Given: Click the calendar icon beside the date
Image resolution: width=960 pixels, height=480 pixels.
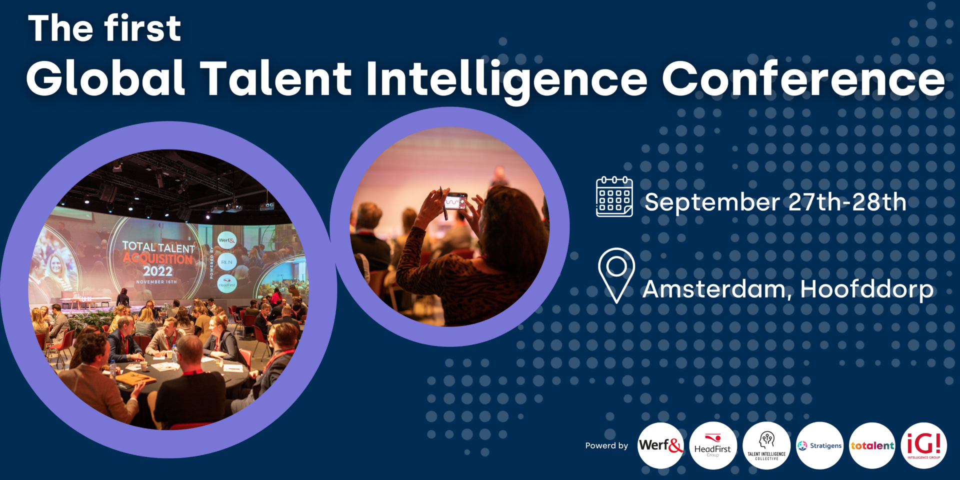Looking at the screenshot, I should click(614, 197).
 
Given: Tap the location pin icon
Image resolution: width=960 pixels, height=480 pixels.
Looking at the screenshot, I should click(616, 274).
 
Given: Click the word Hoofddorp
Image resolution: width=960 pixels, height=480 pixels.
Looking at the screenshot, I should click(867, 289).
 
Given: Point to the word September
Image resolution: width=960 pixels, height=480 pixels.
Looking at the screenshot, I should click(712, 202).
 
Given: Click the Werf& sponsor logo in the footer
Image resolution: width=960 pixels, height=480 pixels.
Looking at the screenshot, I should click(660, 445).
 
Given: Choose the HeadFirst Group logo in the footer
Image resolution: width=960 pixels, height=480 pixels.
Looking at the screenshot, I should click(712, 445).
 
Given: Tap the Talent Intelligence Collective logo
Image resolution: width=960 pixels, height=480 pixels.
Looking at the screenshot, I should click(766, 445).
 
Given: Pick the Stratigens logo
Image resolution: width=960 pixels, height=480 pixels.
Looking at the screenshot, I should click(819, 445).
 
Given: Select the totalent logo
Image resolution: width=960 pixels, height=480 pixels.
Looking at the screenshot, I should click(872, 445).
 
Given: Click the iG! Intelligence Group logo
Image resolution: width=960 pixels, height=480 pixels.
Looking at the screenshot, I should click(924, 445).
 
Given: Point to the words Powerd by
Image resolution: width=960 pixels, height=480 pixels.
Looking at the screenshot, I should click(606, 445).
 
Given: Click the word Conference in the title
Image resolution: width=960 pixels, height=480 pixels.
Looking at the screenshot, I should click(803, 79).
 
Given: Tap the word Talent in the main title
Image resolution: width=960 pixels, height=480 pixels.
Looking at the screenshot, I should click(276, 79).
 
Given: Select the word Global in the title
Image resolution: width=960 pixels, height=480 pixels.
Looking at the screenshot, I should click(106, 79).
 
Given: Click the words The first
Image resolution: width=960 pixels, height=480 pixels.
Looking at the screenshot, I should click(104, 28).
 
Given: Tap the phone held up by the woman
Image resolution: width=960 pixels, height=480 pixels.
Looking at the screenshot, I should click(455, 201).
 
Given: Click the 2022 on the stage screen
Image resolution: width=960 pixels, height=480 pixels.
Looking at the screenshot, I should click(157, 271).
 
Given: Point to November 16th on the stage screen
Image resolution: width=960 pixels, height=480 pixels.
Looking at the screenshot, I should click(156, 282).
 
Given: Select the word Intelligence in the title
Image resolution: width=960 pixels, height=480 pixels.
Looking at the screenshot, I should click(506, 79).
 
